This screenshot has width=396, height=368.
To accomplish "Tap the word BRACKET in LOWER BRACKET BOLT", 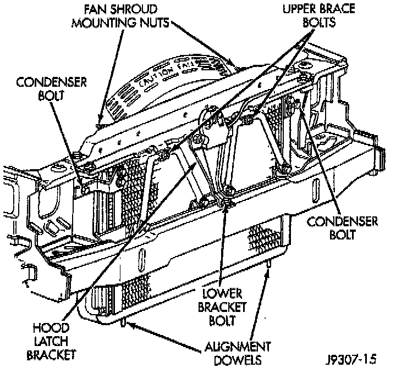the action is click(x=222, y=308).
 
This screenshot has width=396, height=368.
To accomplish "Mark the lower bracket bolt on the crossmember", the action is click(x=225, y=204).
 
